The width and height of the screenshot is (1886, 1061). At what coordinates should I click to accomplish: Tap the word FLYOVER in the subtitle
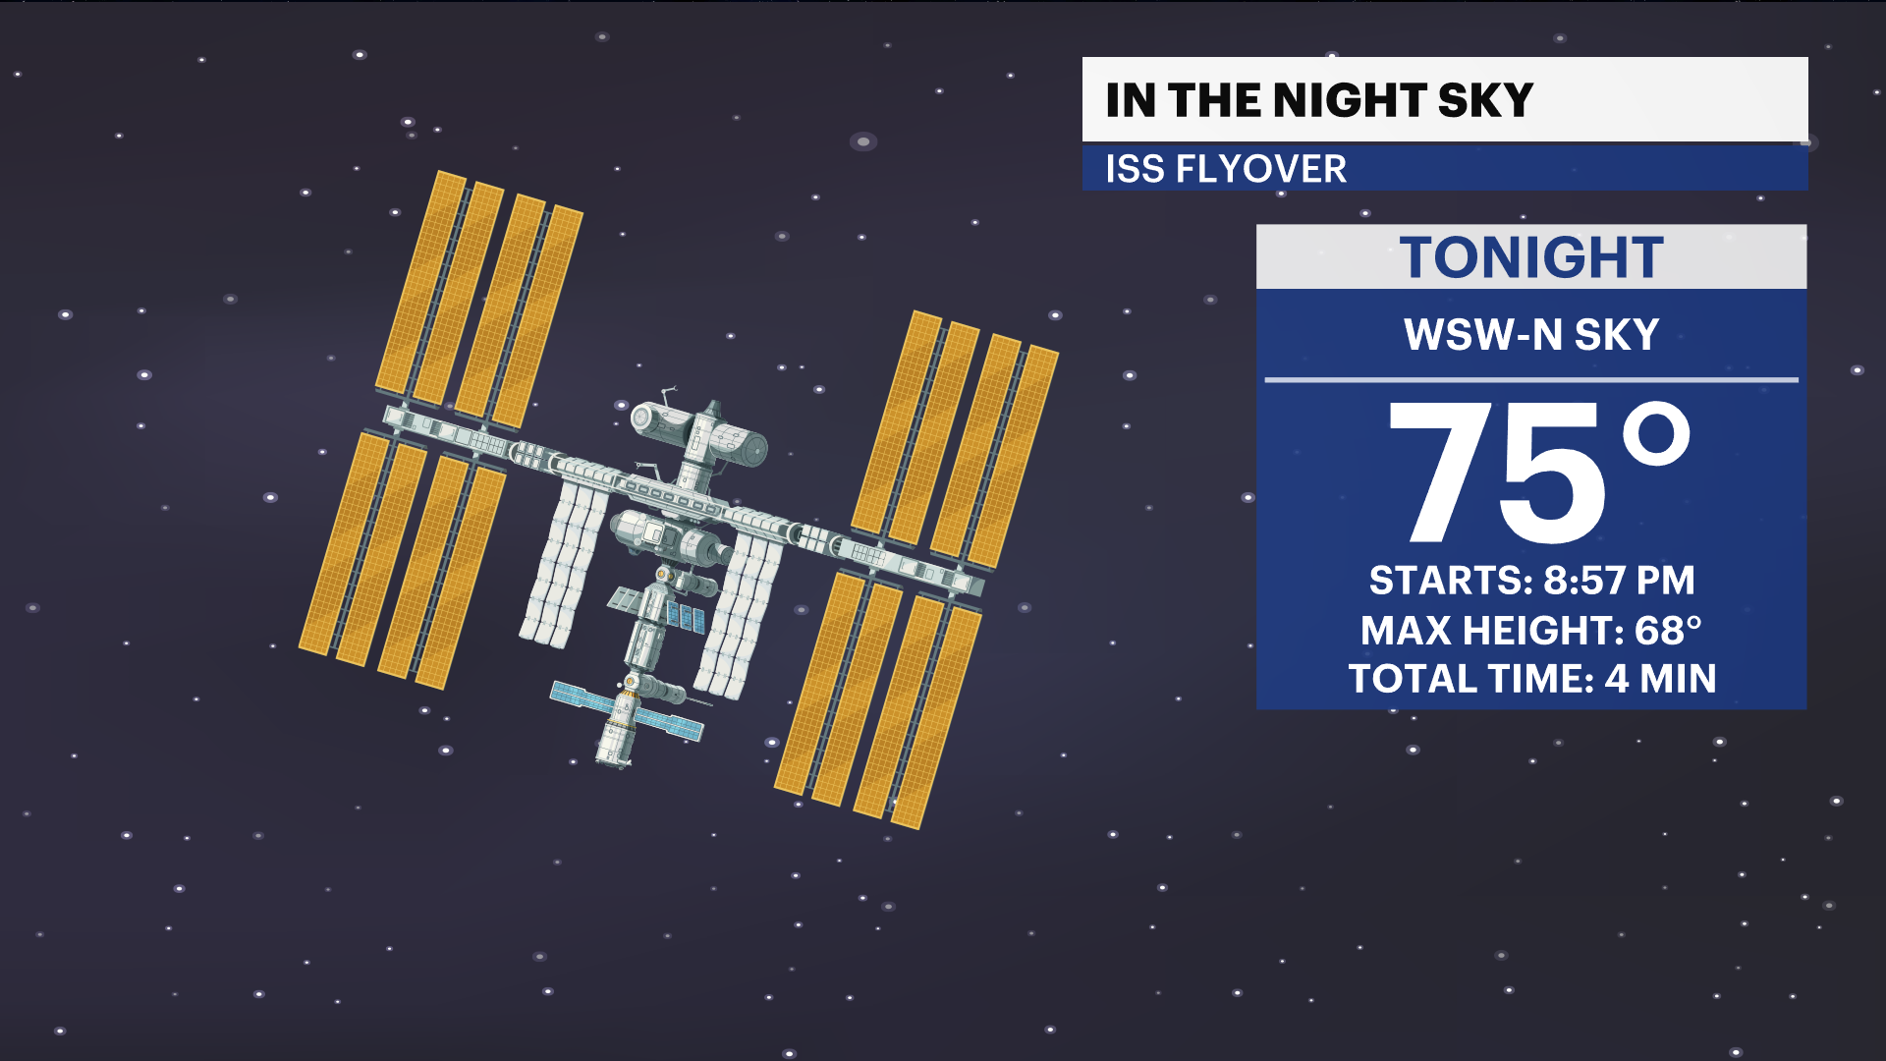click(x=1261, y=169)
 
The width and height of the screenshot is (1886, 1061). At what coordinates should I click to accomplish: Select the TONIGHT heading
click(x=1530, y=257)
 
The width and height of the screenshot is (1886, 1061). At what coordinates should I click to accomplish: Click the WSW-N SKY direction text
click(x=1530, y=335)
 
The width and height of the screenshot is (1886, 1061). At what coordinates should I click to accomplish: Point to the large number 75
click(x=1497, y=474)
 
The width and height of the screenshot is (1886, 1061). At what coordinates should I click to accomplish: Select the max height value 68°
click(x=1668, y=631)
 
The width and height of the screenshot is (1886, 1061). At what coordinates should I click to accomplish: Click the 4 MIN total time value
click(x=1660, y=679)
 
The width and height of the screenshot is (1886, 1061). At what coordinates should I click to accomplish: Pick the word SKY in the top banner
click(x=1485, y=100)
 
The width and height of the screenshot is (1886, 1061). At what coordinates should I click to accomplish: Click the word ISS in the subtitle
click(x=1135, y=169)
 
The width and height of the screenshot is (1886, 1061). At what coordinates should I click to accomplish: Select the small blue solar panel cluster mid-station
click(x=686, y=617)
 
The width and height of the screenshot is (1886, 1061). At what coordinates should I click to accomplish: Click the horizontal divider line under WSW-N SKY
click(x=1530, y=379)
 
